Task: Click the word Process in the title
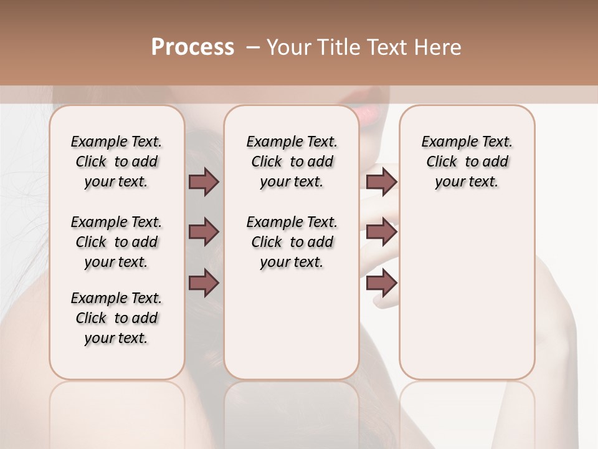coord(192,47)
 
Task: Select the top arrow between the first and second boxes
coord(204,182)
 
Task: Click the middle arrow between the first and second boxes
coord(204,233)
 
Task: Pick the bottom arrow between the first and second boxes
coord(204,282)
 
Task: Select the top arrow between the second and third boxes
coord(381,182)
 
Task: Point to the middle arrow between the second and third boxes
coord(381,233)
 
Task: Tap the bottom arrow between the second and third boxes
coord(381,282)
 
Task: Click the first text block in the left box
coord(116,162)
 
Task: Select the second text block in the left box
coord(116,242)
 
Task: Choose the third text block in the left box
coord(116,318)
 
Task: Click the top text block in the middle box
coord(292,162)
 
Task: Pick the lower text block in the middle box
coord(292,242)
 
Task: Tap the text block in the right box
coord(467,162)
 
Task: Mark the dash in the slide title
coord(253,47)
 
